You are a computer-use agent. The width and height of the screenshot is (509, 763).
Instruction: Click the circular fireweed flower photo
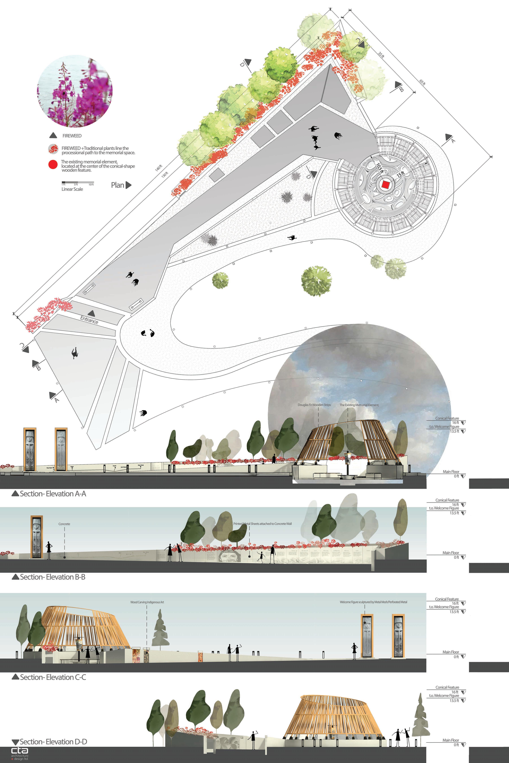(75, 91)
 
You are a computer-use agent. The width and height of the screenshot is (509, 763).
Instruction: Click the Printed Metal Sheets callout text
(262, 524)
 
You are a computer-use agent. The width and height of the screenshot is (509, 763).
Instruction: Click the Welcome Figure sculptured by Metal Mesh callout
(373, 602)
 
